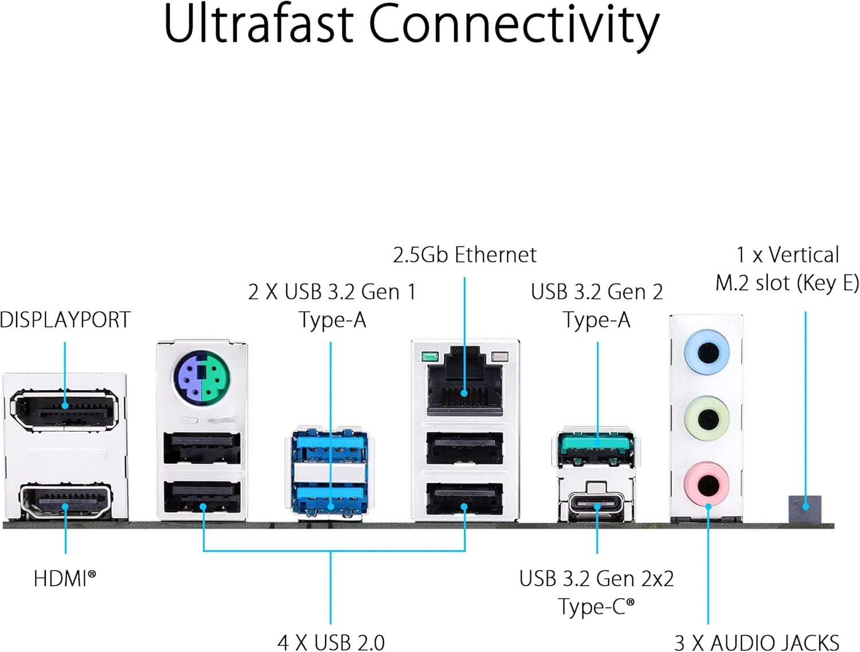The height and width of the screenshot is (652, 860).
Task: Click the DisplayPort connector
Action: pyautogui.click(x=65, y=409)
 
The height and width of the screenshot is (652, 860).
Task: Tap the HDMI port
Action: pyautogui.click(x=65, y=501)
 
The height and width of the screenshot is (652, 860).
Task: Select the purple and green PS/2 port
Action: pyautogui.click(x=202, y=376)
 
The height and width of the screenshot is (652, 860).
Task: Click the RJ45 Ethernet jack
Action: pyautogui.click(x=464, y=384)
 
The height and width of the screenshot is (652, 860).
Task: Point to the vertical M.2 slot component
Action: pyautogui.click(x=804, y=508)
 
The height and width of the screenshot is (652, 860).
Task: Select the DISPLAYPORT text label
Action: pyautogui.click(x=65, y=320)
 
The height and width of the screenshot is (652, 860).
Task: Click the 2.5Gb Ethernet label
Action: pyautogui.click(x=464, y=255)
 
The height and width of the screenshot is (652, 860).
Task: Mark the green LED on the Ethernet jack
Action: pyautogui.click(x=428, y=357)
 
